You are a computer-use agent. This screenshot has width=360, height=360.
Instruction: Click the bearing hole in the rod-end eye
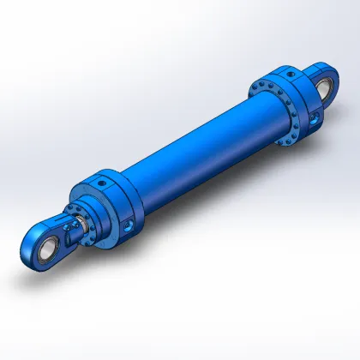point(37,249)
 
